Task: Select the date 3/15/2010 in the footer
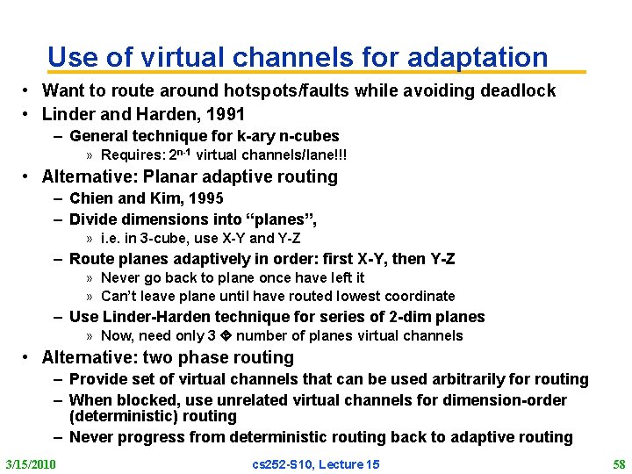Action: [x=31, y=463]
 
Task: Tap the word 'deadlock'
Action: [x=518, y=90]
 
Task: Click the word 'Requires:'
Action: [x=130, y=155]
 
